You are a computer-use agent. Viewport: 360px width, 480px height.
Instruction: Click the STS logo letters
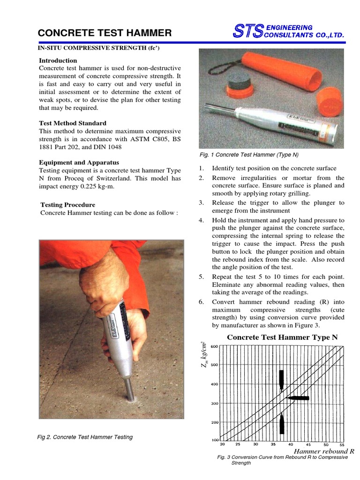click(248, 31)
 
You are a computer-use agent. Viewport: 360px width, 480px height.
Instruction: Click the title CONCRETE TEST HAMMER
click(105, 33)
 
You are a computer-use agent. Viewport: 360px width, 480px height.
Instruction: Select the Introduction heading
click(58, 60)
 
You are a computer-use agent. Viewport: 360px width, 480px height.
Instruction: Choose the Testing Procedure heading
click(67, 205)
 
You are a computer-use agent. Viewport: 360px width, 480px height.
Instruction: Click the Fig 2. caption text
click(85, 437)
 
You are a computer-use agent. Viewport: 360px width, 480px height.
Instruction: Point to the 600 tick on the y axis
click(214, 346)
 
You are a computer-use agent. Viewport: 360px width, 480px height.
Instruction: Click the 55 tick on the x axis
click(341, 444)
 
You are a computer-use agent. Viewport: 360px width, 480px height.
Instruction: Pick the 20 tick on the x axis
click(222, 444)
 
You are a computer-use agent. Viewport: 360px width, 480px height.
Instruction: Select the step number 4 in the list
click(201, 220)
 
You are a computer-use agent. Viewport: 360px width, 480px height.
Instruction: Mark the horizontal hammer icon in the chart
click(298, 398)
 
